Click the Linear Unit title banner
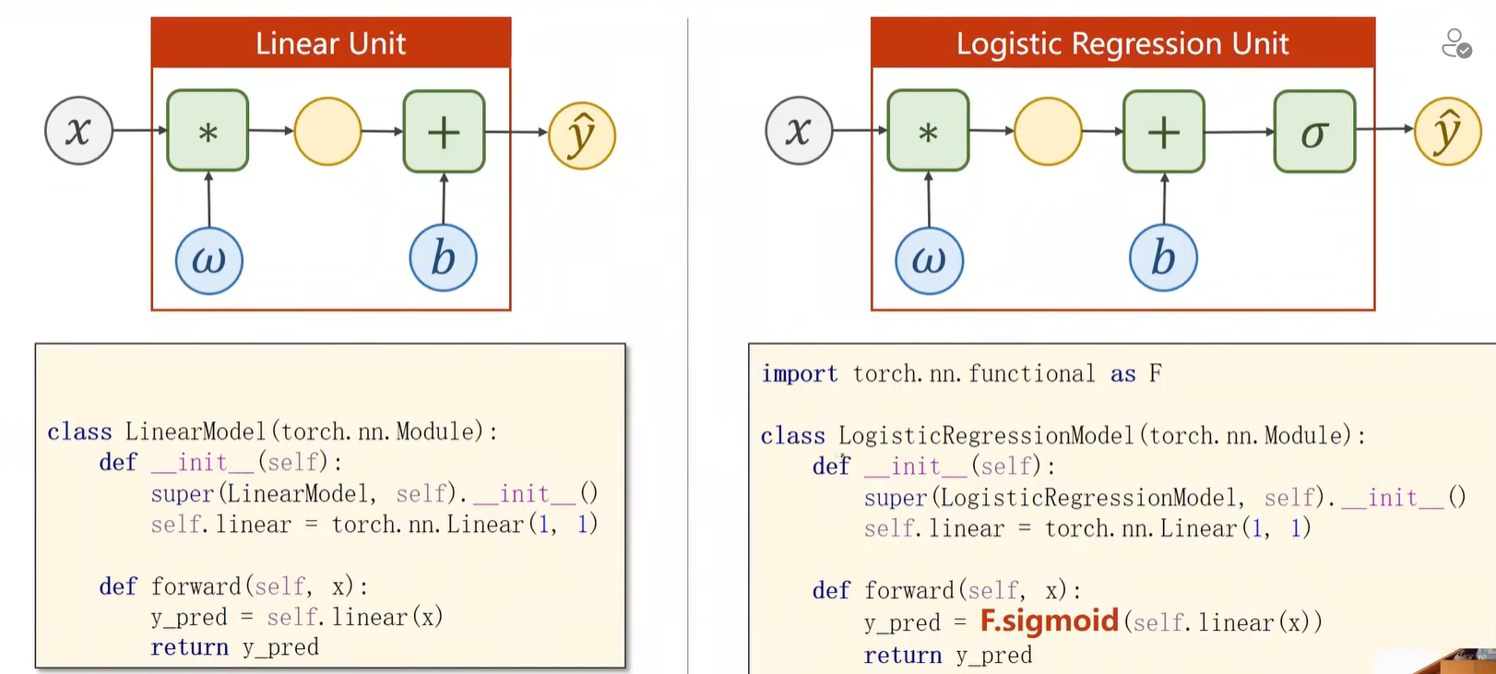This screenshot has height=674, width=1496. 330,43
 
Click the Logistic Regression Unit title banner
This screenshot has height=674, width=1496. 1122,43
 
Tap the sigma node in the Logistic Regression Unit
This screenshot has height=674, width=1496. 1314,132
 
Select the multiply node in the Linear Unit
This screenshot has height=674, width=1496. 208,131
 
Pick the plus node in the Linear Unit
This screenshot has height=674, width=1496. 444,132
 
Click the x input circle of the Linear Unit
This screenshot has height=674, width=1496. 78,131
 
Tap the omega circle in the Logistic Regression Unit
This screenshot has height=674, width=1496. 929,260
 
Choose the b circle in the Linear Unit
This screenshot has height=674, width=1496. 444,258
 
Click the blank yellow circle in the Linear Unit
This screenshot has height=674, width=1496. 327,132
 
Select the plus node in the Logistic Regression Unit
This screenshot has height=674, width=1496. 1163,132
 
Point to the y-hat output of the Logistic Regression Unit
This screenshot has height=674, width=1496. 1447,132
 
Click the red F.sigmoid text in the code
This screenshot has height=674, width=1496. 1049,621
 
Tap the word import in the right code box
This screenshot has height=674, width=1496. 799,373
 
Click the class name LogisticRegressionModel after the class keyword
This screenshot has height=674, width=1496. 985,435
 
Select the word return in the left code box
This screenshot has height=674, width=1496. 189,647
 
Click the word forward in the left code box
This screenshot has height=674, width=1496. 196,586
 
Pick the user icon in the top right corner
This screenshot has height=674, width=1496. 1456,43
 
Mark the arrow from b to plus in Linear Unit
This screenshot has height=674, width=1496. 444,199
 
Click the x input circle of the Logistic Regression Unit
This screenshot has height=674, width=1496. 799,131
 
